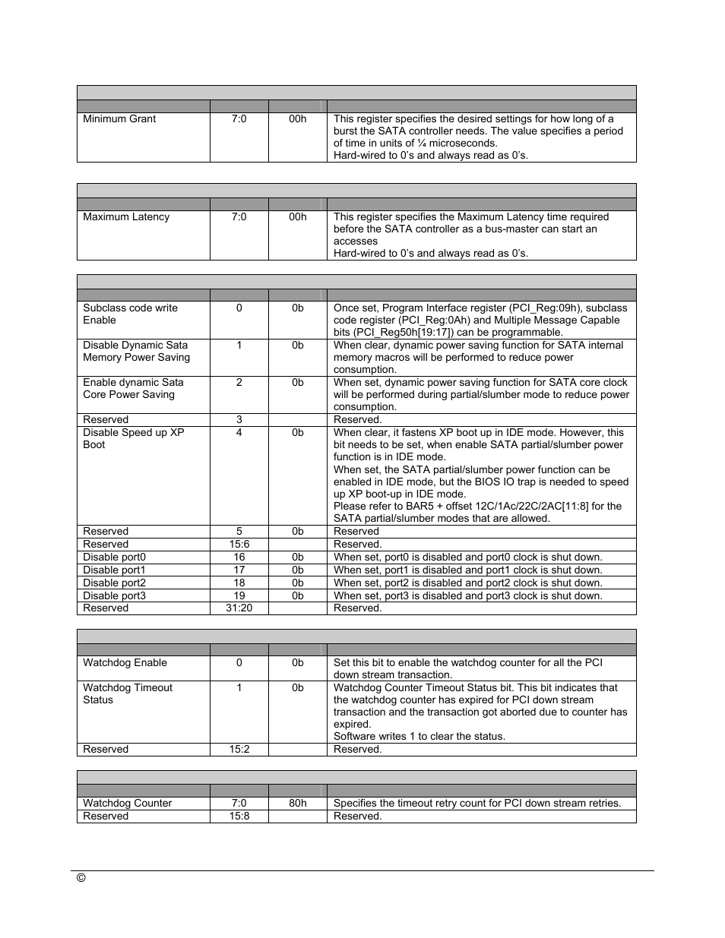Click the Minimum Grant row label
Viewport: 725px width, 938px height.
click(119, 118)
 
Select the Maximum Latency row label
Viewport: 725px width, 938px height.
click(126, 216)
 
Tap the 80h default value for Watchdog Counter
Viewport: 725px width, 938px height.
click(297, 803)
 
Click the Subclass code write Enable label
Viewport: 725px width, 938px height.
click(130, 314)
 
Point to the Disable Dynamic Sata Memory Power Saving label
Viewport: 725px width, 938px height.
click(136, 351)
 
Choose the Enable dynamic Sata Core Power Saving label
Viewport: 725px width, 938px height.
click(133, 388)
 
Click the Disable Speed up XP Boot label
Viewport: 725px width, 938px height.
click(133, 438)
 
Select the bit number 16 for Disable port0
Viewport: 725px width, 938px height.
click(239, 557)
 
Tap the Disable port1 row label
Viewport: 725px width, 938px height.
click(114, 570)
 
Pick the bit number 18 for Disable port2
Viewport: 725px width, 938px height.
click(239, 583)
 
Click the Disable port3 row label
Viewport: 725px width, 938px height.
click(114, 595)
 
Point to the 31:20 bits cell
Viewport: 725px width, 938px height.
click(239, 608)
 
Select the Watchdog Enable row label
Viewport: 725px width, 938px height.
click(125, 662)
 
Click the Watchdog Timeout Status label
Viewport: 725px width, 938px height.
click(128, 693)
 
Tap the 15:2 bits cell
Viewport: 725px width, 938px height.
click(239, 749)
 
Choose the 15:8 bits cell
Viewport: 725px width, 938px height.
click(239, 816)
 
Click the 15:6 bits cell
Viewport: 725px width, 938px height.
click(239, 544)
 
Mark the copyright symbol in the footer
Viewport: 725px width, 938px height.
click(81, 877)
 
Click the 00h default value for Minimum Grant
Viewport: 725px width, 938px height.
click(297, 118)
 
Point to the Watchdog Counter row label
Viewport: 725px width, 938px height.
click(127, 803)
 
